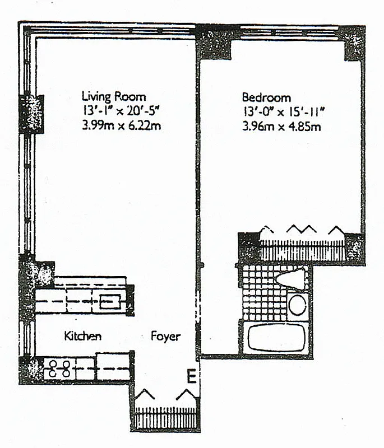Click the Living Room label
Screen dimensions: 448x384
point(114,96)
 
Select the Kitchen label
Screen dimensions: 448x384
point(82,336)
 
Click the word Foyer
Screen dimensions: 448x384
point(166,336)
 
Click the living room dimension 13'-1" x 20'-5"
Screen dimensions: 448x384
point(122,111)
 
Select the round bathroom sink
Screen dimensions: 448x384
point(297,306)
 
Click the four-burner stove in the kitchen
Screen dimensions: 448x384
point(58,368)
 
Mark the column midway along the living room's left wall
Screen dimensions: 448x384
point(31,114)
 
